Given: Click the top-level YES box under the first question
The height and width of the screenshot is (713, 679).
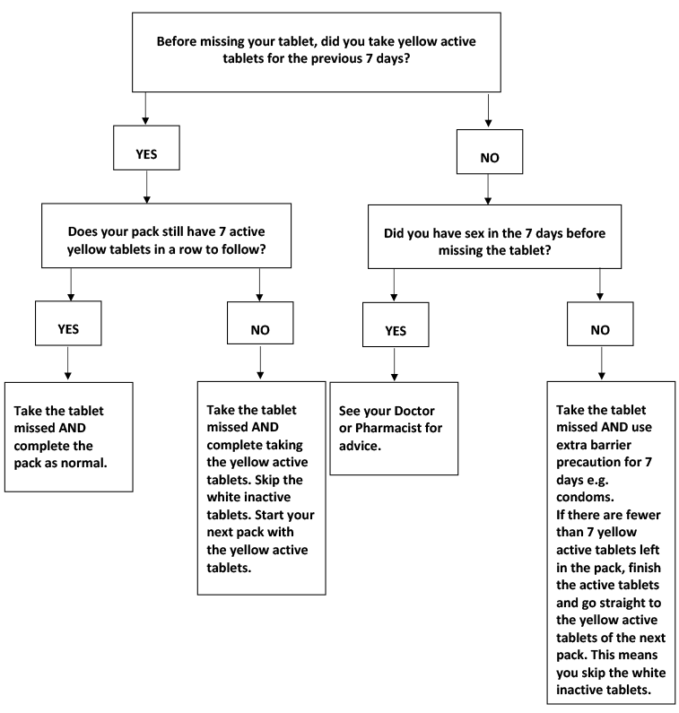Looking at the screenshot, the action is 146,148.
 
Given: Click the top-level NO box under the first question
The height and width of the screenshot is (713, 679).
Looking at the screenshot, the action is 490,152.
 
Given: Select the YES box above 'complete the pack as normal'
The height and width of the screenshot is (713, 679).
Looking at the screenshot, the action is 68,323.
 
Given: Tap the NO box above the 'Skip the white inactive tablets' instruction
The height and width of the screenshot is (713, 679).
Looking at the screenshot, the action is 260,323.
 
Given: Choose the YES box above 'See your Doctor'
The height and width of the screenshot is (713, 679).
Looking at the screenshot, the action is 396,325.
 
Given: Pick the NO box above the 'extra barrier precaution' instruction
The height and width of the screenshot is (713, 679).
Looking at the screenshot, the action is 600,324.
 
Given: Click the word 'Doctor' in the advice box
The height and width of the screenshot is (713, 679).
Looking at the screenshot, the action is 414,411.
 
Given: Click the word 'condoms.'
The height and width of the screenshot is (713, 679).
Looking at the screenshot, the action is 585,497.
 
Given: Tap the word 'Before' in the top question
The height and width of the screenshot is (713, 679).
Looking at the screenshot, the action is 177,41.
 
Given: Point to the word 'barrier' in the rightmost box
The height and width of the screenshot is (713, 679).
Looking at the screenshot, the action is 608,445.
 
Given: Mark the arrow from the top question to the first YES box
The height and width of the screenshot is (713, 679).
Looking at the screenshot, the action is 145,109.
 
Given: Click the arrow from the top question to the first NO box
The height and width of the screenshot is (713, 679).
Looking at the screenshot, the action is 489,110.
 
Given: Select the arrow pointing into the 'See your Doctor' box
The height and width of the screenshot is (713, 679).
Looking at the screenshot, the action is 395,364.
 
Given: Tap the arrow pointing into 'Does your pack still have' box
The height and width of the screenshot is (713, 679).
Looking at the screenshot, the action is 147,187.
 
